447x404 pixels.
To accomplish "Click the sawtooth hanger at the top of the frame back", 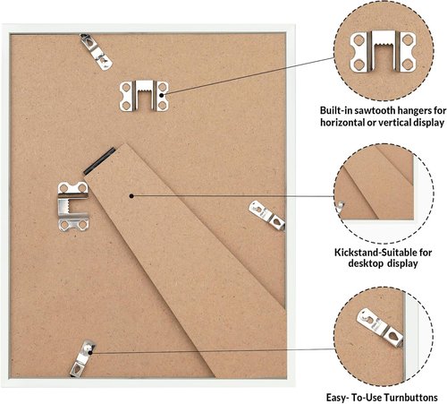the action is point(144,96).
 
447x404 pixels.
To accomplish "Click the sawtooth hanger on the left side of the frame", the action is point(73,206).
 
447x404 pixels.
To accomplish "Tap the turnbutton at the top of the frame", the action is point(96,51).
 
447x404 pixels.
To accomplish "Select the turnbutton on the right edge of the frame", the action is point(266,215).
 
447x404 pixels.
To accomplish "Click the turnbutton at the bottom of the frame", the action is point(82,357).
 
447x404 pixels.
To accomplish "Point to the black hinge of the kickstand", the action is point(99,161).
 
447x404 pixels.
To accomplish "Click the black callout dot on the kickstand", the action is point(131,196).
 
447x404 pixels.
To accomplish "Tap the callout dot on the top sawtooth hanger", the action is point(162,95).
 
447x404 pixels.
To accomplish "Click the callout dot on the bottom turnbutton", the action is point(90,353).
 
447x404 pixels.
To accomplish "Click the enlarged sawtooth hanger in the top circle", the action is point(383,51).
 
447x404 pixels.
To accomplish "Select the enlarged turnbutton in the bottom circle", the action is point(380,328).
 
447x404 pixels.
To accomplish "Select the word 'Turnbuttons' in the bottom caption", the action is point(410,398).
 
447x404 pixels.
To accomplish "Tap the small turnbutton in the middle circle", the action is point(340,206).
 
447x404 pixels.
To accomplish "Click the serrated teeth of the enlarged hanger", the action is point(383,45).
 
